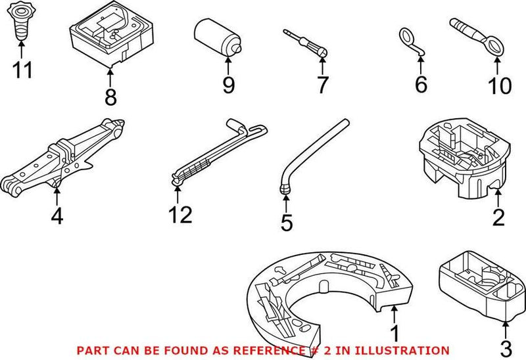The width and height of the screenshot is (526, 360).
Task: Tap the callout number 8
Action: [x=110, y=97]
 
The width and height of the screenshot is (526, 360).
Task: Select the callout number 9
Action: [x=228, y=85]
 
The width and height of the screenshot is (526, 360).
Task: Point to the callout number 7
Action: [x=322, y=84]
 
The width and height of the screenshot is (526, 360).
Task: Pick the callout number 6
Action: [x=421, y=84]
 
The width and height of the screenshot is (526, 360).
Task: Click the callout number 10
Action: [x=500, y=85]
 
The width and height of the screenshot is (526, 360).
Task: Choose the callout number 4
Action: [x=57, y=215]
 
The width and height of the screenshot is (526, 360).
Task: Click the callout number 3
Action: [x=506, y=346]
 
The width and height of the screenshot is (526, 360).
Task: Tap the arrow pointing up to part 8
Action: [x=110, y=76]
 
